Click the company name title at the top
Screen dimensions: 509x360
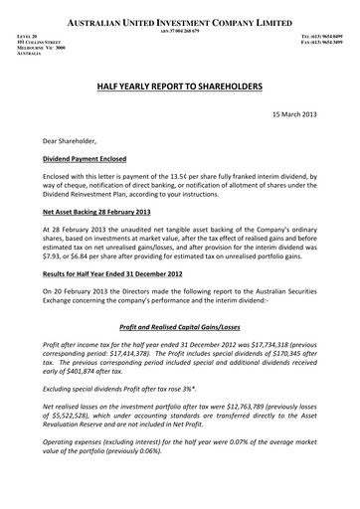coord(180,21)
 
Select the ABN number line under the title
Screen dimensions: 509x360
coord(180,31)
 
